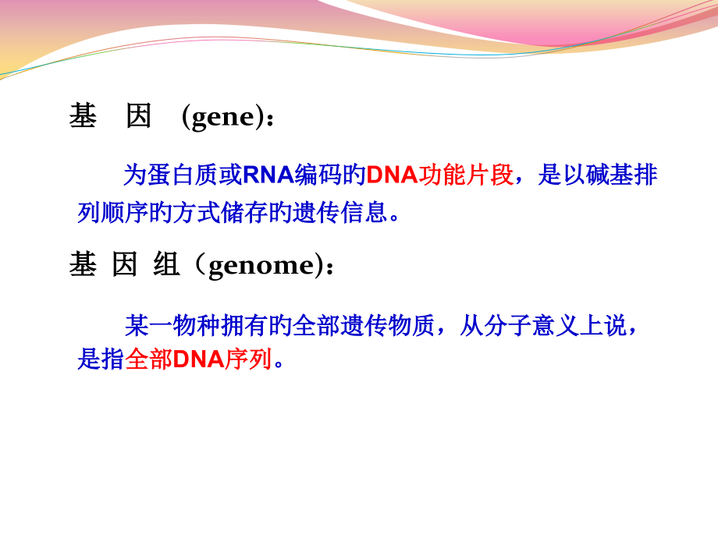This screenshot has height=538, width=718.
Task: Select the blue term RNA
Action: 268,175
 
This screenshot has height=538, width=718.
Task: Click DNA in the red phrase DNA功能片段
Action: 392,175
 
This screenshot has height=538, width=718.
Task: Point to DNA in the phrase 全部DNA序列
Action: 198,359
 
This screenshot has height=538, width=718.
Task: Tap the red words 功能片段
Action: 466,175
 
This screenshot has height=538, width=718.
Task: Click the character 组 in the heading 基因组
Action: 167,266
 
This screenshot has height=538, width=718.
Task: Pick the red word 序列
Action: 248,359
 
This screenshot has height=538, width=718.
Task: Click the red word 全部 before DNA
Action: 149,359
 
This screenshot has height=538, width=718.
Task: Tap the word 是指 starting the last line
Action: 101,359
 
